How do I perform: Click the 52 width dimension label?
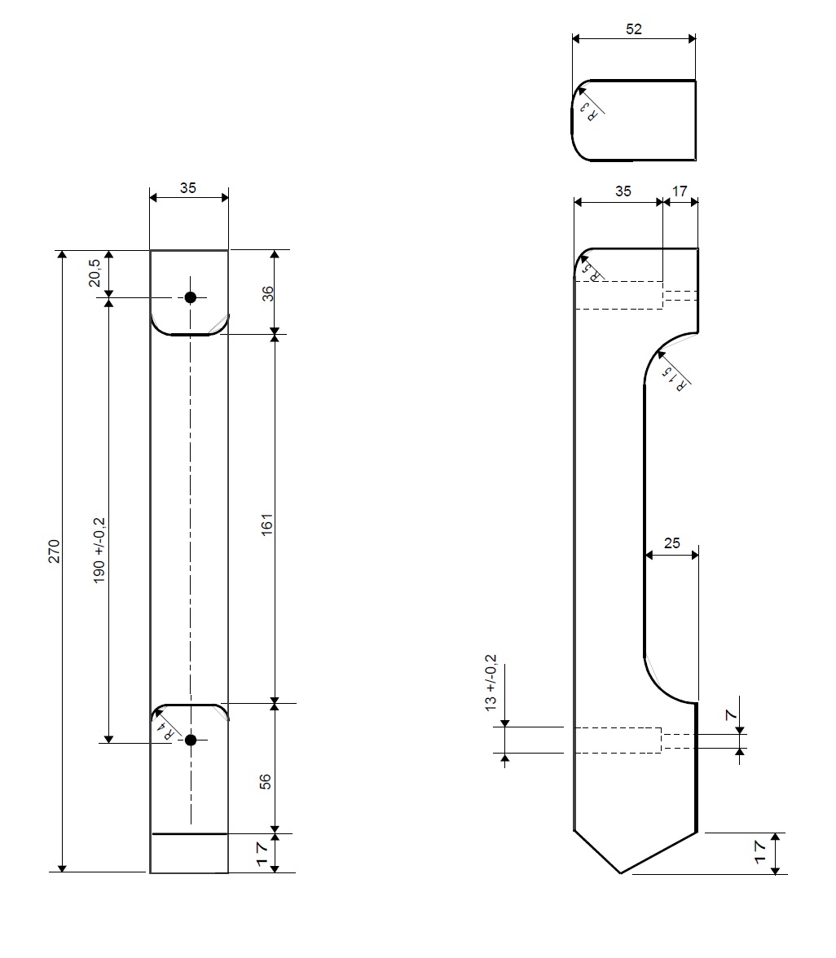(634, 29)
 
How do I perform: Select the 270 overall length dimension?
(54, 551)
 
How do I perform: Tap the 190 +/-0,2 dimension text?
(99, 550)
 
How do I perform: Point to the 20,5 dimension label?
(95, 272)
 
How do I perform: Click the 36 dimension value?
(267, 293)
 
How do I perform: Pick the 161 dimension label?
(266, 525)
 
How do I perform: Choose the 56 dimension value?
(265, 781)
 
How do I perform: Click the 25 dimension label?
(671, 543)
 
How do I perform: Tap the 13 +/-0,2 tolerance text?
(491, 683)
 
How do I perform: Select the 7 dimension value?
(731, 714)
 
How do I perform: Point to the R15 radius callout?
(674, 379)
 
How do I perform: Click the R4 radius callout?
(165, 730)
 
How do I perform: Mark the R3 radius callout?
(588, 111)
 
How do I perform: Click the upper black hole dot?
(190, 297)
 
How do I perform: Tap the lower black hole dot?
(191, 740)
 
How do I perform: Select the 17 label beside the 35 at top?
(680, 191)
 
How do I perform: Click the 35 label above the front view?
(187, 187)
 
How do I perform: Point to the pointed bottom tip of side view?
(620, 873)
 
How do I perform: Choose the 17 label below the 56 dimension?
(262, 854)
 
